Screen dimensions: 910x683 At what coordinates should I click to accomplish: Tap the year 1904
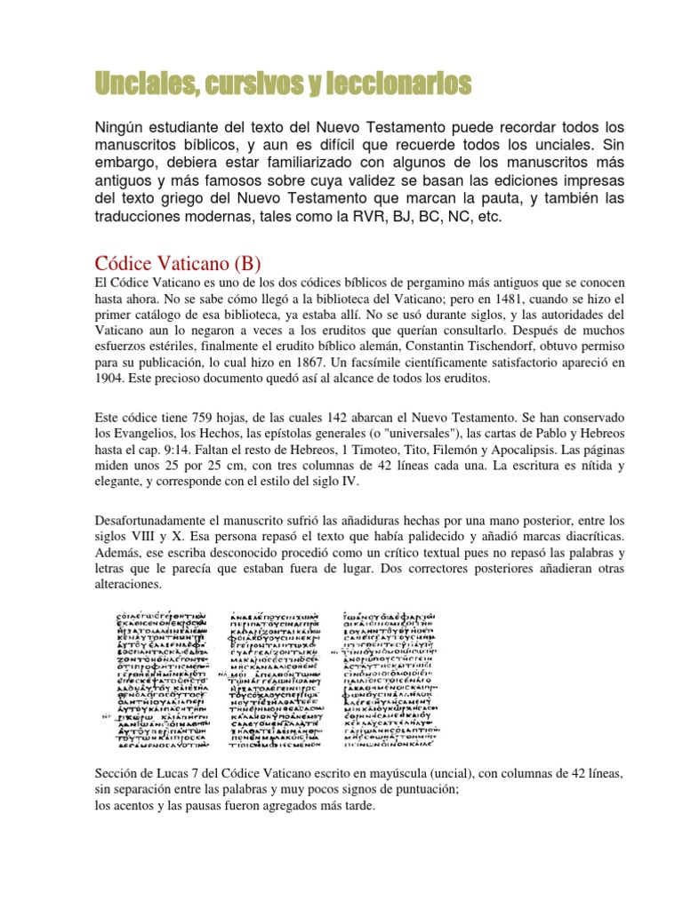click(x=108, y=379)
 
